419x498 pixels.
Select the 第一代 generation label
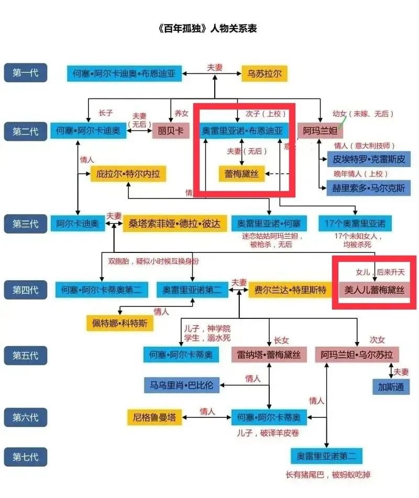[x=26, y=73]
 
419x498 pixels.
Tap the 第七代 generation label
[x=26, y=457]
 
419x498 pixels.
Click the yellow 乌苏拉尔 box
[x=264, y=73]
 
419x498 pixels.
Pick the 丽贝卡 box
[x=171, y=130]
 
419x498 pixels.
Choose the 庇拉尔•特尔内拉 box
[x=128, y=174]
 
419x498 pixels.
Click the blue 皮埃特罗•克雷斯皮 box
[x=369, y=159]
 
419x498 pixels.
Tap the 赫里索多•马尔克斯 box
[x=369, y=189]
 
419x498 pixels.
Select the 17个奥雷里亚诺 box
[x=355, y=224]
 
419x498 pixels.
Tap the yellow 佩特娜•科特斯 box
[x=120, y=323]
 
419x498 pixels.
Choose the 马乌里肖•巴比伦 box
[x=182, y=385]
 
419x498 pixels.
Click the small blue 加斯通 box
[x=391, y=387]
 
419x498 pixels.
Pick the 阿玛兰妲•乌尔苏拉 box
[x=357, y=355]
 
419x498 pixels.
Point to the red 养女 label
[x=181, y=113]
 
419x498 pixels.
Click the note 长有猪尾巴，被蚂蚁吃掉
[x=328, y=475]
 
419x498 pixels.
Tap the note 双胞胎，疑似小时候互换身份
[x=153, y=261]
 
